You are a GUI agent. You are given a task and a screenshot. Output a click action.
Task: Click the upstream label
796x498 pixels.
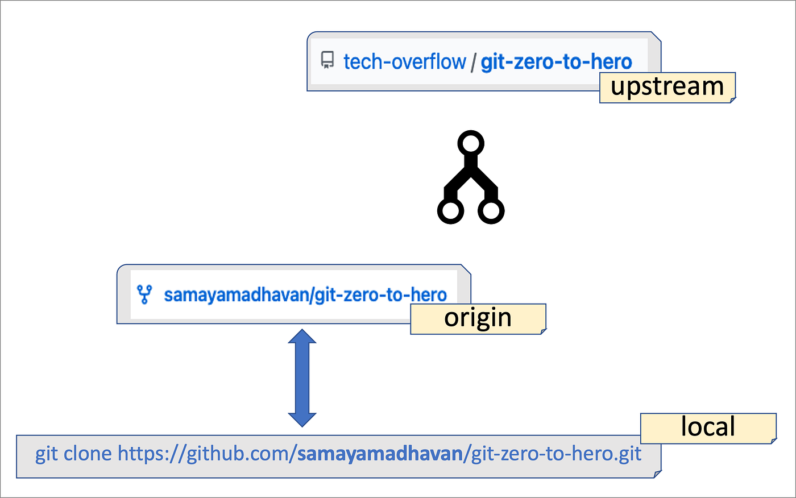(668, 87)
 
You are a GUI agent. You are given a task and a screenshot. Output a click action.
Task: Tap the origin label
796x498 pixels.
(478, 318)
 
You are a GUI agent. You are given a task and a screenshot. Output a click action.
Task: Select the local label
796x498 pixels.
(708, 428)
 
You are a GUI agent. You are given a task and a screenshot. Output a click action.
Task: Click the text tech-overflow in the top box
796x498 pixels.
(404, 61)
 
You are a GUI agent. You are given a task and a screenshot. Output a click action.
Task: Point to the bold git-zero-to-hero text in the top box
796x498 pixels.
(556, 61)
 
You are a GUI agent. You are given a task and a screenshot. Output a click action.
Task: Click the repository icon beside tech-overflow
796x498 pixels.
(327, 60)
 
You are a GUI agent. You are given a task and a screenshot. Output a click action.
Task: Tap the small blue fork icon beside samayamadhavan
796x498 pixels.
(144, 294)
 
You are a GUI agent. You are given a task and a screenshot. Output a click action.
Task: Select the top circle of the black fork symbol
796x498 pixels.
(471, 143)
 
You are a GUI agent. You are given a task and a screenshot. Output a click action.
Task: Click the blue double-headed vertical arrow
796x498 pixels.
(302, 378)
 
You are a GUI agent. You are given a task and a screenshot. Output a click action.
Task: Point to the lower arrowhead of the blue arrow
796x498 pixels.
(302, 419)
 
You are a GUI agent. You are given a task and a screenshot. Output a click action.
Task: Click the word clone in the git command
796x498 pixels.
(88, 454)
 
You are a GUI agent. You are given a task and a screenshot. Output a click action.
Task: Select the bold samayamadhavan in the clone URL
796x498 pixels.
(380, 454)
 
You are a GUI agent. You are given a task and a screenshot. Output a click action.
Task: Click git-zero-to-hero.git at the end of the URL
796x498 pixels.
(556, 454)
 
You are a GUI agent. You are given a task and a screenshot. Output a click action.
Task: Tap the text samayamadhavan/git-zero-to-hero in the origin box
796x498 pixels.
(305, 294)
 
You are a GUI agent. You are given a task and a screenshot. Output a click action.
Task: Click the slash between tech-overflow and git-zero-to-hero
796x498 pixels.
(473, 61)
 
